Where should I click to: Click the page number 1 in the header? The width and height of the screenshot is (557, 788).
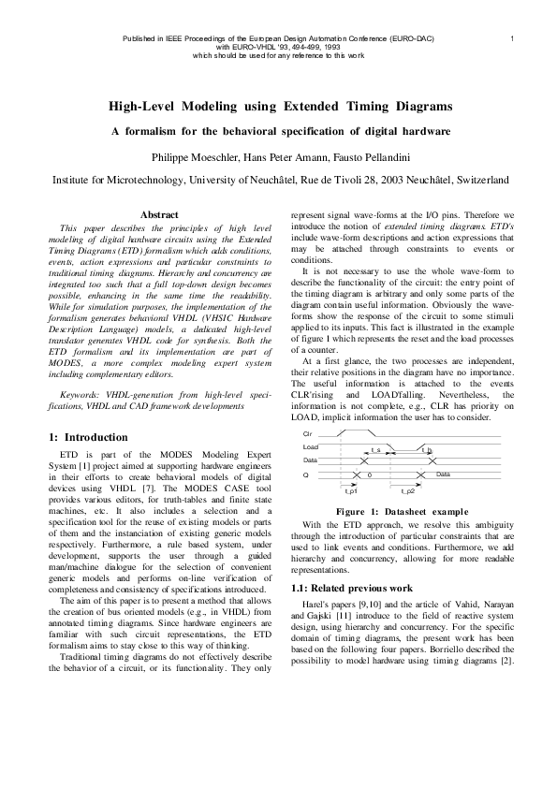pyautogui.click(x=512, y=37)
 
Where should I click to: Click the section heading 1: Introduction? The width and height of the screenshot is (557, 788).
pyautogui.click(x=88, y=437)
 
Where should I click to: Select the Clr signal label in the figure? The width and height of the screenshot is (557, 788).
pyautogui.click(x=308, y=436)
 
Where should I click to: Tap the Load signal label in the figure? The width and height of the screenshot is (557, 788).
pyautogui.click(x=310, y=448)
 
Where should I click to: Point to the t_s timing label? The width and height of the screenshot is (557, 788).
pyautogui.click(x=375, y=450)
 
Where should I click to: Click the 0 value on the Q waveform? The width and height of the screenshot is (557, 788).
pyautogui.click(x=370, y=475)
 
